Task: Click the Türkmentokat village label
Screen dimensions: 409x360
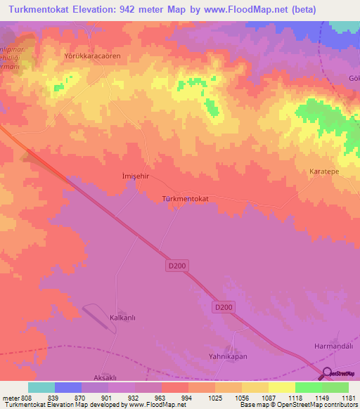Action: coord(185,199)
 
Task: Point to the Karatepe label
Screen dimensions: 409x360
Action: coord(325,171)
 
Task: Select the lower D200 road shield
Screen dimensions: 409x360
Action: coord(223,307)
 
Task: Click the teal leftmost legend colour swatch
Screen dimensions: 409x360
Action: coord(41,387)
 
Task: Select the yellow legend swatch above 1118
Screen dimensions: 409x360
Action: coord(281,387)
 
